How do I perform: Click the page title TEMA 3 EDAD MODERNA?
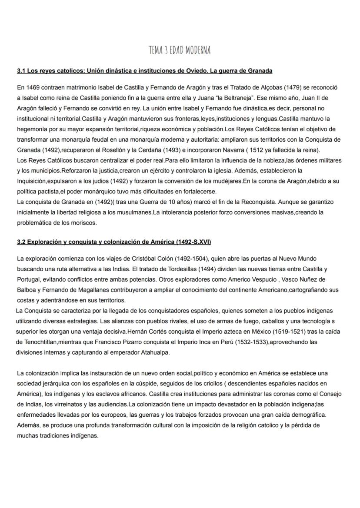coord(179,51)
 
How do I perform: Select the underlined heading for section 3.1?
coord(145,70)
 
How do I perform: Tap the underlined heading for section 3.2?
coord(114,242)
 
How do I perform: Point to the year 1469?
coord(33,87)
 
